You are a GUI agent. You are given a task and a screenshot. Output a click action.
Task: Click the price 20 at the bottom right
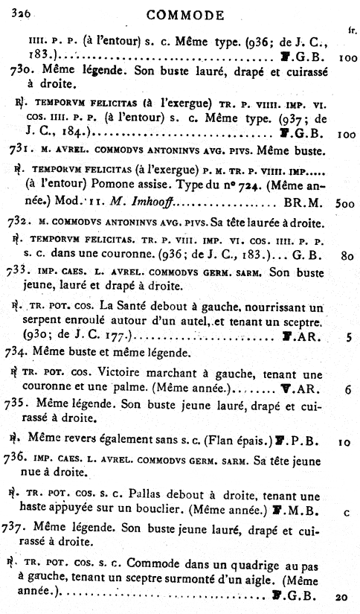[x=342, y=597]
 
